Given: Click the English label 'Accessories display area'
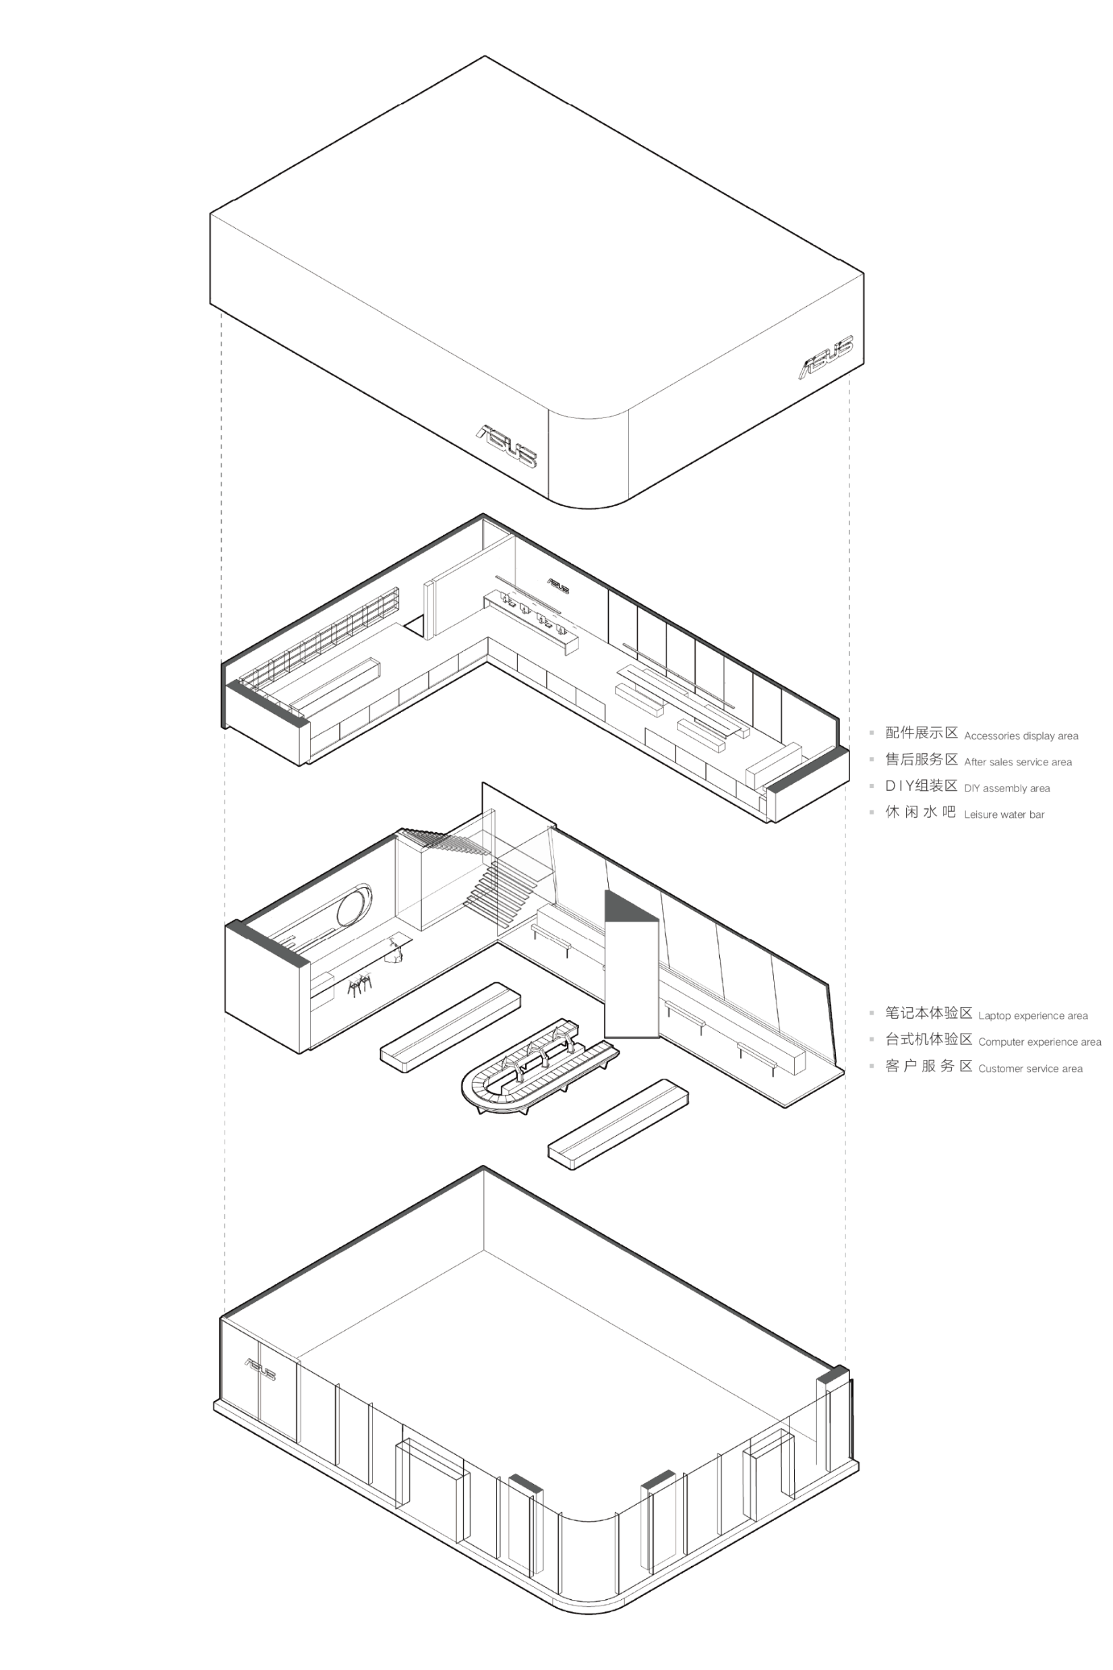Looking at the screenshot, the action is click(x=1021, y=736).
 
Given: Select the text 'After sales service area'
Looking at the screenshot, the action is click(x=1018, y=763).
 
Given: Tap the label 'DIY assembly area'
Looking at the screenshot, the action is click(x=1006, y=789).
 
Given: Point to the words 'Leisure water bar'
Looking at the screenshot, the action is click(x=1004, y=814).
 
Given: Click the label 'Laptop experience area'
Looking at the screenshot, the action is click(x=1033, y=1015).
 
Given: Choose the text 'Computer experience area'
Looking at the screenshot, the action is click(x=1040, y=1042).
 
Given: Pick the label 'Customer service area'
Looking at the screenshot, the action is click(x=1031, y=1068).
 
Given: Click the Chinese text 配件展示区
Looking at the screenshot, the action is click(x=922, y=732).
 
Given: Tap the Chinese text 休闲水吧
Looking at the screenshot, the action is click(x=921, y=811).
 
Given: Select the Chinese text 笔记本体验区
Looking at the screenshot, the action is click(x=928, y=1013).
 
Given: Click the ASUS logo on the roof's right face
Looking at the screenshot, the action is click(x=827, y=357).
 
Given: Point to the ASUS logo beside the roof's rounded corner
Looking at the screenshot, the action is click(x=507, y=446).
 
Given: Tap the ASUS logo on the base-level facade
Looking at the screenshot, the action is click(x=260, y=1369).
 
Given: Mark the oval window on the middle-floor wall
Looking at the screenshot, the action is click(x=353, y=905).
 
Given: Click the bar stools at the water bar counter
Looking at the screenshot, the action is click(x=361, y=984).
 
